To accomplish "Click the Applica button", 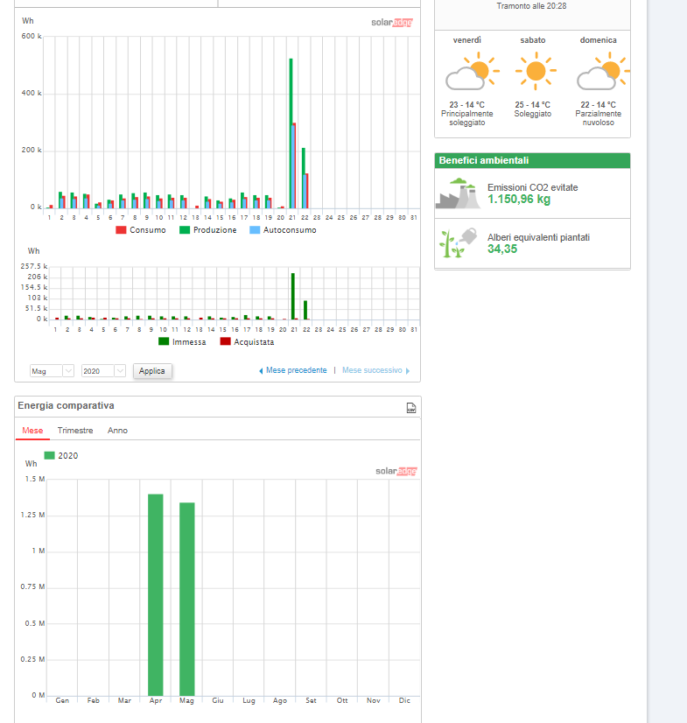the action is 152,371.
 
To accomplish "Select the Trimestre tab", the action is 75,430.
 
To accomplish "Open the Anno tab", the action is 117,430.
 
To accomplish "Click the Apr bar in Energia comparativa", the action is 156,595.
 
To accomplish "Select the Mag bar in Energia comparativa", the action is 186,599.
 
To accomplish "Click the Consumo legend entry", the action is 141,230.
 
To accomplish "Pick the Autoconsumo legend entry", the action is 283,230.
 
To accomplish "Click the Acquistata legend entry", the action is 247,342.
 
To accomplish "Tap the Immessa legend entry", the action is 182,342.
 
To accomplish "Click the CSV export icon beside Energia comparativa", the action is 410,408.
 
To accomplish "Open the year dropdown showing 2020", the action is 103,371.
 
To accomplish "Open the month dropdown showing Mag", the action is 52,371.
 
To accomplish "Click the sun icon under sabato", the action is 536,71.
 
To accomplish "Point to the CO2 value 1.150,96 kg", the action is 519,200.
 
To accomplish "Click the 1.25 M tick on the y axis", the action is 32,515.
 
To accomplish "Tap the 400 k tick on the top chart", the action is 32,93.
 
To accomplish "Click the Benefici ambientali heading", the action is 484,160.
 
